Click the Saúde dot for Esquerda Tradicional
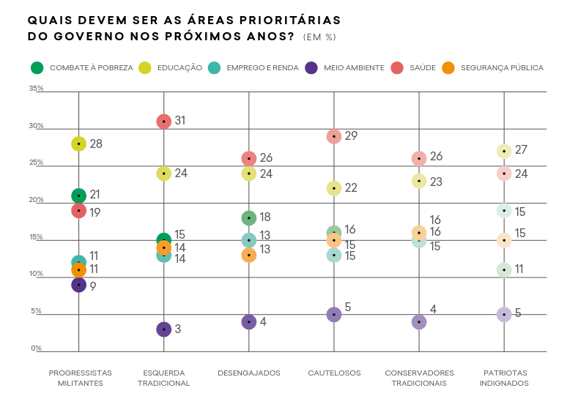click(164, 122)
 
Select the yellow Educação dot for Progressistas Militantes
click(79, 143)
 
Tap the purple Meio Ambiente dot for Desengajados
click(249, 322)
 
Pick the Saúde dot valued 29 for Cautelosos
click(334, 136)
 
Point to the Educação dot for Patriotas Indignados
click(504, 151)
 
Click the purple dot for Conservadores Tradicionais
click(419, 322)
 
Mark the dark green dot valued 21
click(79, 195)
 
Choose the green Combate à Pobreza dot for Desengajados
click(249, 218)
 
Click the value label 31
click(180, 120)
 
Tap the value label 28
click(96, 143)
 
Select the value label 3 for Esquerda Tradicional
click(177, 329)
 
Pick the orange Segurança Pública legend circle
click(448, 68)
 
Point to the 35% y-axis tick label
click(36, 89)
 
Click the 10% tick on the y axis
click(36, 275)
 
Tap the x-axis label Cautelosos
click(334, 373)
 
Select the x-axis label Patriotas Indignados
click(504, 378)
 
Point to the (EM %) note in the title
click(319, 37)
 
